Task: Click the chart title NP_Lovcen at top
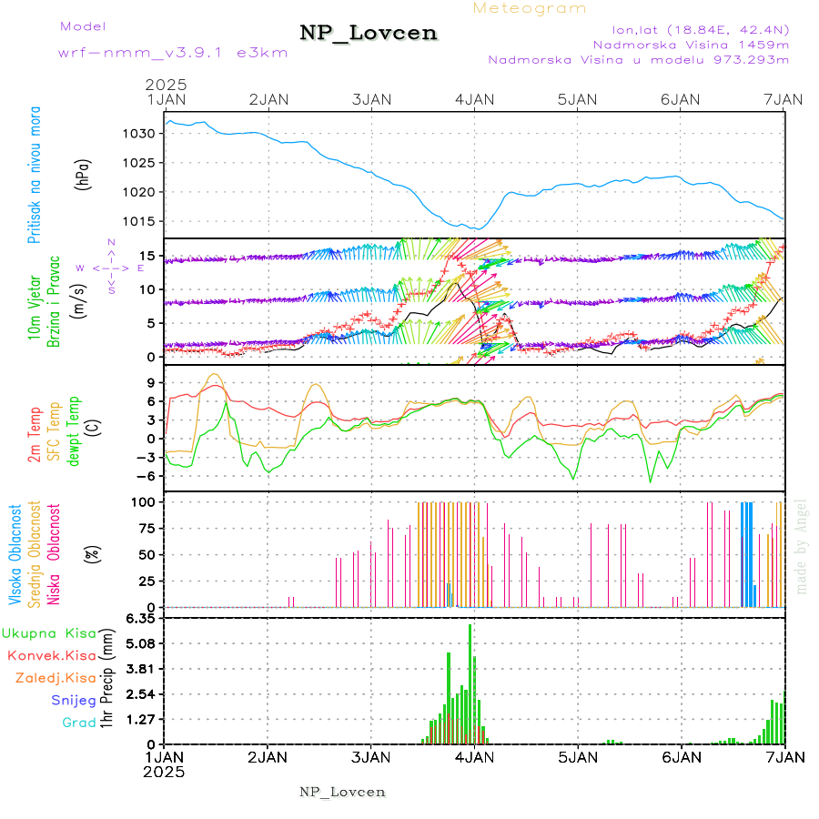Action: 369,33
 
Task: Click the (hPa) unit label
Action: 84,173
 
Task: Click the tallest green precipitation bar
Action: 470,682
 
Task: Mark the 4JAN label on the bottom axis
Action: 474,756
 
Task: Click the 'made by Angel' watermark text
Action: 802,546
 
